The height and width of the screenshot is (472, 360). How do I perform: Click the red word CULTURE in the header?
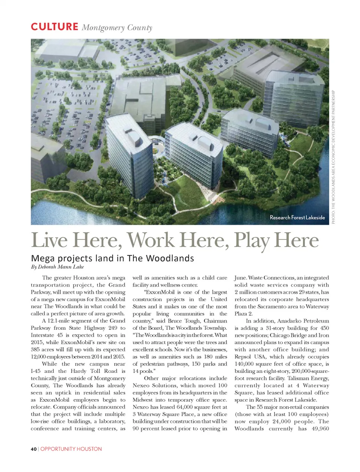coord(54,27)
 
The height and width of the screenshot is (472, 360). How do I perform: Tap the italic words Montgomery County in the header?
coord(117,28)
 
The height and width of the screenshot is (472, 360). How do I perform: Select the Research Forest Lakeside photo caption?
coord(297,217)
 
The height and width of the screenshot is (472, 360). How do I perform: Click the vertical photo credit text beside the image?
coord(333,157)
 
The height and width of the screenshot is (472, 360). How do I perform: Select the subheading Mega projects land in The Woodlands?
coord(112,258)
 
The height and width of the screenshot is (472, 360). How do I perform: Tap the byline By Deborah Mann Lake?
coord(57,267)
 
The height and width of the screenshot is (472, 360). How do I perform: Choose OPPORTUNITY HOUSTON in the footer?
coord(71,449)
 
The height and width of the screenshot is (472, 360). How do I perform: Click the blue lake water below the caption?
coord(262,215)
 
